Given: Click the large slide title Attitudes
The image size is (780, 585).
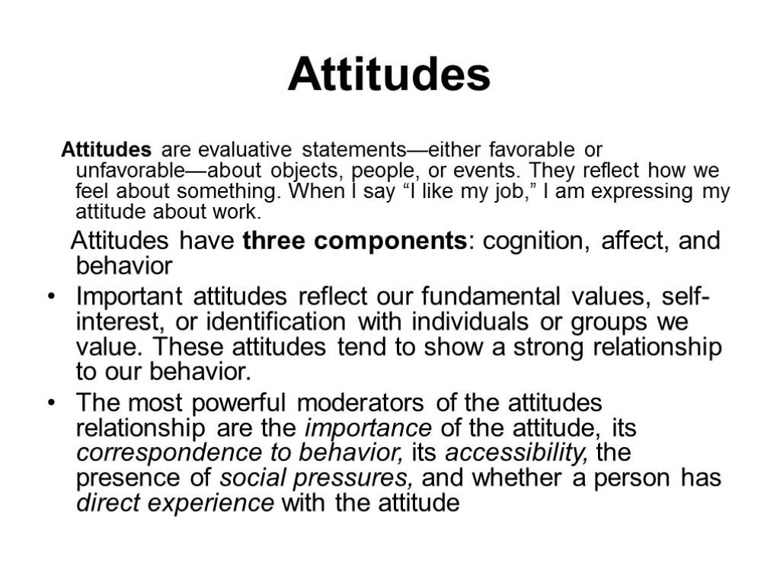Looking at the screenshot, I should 389,75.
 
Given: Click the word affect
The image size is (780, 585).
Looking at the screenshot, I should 621,241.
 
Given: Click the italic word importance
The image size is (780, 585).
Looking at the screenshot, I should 367,427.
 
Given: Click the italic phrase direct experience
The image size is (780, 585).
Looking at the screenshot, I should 176,504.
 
